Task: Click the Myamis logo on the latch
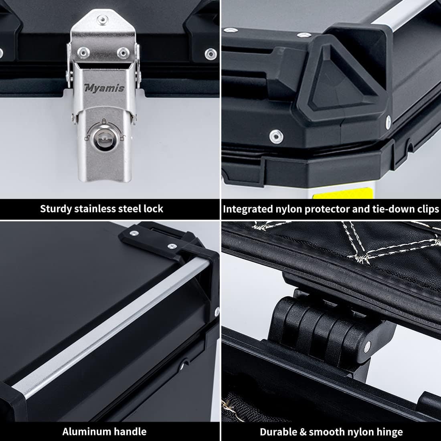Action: tap(104, 88)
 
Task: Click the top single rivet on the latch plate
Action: tap(102, 20)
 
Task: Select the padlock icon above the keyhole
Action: tap(104, 121)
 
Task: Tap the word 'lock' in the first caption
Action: tap(153, 209)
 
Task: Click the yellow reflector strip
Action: tap(343, 194)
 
